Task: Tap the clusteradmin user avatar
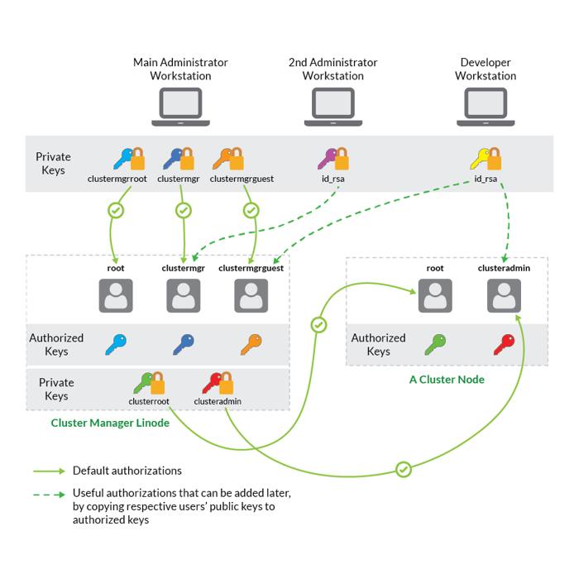[x=504, y=295]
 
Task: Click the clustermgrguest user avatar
[x=251, y=295]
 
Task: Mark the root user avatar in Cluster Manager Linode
[x=116, y=295]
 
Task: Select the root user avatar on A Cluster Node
[x=435, y=295]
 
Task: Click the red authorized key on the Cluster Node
[x=504, y=343]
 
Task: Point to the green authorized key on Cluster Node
[x=435, y=343]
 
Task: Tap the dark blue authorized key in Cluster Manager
[x=183, y=343]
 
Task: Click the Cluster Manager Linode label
[x=109, y=423]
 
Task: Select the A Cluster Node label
[x=447, y=380]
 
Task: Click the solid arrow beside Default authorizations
[x=49, y=471]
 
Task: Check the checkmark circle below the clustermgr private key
[x=184, y=210]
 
